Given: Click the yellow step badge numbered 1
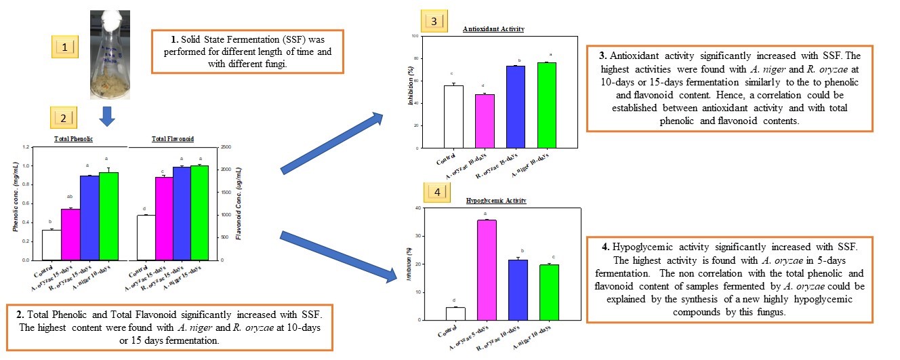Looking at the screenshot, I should [65, 47].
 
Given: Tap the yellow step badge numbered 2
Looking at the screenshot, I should [64, 118].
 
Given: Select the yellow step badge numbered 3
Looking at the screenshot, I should [434, 21].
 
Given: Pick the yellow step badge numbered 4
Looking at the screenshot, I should [437, 193].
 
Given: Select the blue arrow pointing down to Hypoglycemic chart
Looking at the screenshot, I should [337, 256].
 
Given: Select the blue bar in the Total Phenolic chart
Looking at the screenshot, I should [89, 218].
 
